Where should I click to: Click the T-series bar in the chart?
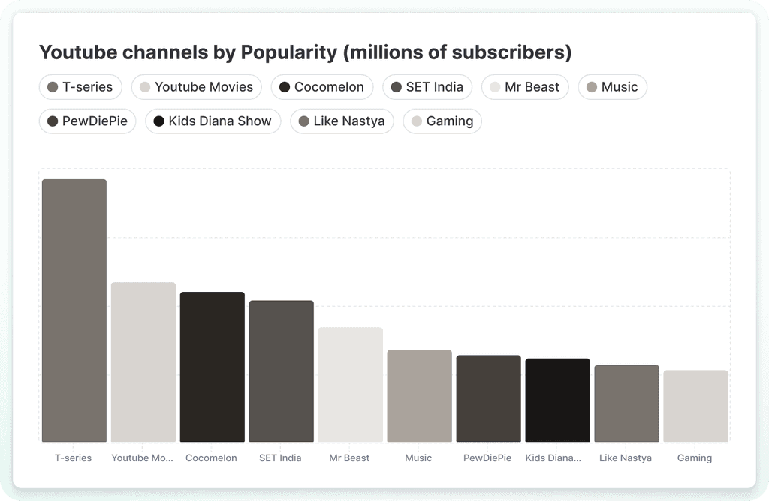74,310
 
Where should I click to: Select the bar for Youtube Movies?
143,362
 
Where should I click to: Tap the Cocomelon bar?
213,367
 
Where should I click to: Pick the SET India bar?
282,371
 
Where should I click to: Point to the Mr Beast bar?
351,385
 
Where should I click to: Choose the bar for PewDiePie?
488,398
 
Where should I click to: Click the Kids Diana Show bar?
558,400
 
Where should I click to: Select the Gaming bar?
696,406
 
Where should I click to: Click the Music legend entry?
613,87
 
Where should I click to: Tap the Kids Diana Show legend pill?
213,121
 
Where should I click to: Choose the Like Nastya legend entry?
342,121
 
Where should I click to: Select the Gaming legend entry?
442,121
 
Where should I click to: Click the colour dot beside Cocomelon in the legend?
285,87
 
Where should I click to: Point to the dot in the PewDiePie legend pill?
53,121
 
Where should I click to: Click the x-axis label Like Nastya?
626,458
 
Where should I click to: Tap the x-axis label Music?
418,458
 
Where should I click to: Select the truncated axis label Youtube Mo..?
142,458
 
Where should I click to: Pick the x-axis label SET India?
280,458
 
